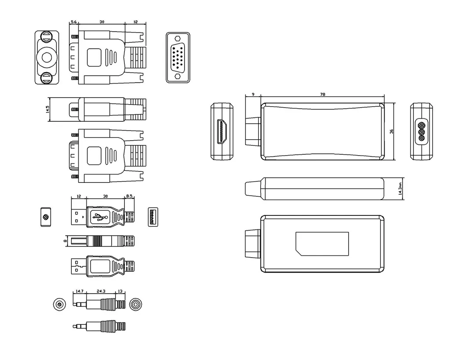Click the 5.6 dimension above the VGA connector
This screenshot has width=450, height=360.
[73, 22]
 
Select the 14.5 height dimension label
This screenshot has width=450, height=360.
[47, 109]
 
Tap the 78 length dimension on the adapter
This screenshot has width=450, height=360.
[323, 94]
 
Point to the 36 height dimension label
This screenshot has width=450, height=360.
[392, 131]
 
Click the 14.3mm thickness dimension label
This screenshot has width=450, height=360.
[400, 188]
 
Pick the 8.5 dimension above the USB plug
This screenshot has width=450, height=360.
[129, 196]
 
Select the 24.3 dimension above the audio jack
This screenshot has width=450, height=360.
[101, 291]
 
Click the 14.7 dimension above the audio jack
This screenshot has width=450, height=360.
[80, 291]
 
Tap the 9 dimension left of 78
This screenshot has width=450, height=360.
[253, 94]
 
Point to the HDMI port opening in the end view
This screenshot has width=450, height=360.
[222, 131]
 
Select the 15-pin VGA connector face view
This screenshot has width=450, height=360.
[178, 58]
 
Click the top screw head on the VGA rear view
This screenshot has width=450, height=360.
[47, 36]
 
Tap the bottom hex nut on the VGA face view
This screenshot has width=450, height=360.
[178, 76]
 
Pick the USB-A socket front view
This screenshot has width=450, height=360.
[153, 217]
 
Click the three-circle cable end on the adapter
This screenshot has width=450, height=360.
[421, 131]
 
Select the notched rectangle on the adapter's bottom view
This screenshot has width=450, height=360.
[322, 244]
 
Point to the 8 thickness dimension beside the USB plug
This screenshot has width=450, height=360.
[65, 241]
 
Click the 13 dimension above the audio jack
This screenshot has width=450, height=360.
[120, 291]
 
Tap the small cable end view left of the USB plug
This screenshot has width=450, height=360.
[46, 217]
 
